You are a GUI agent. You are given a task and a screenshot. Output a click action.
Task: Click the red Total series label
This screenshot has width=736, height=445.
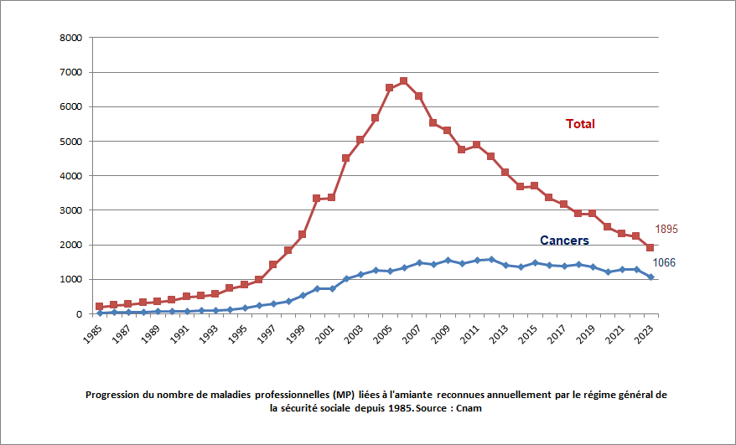pos(580,124)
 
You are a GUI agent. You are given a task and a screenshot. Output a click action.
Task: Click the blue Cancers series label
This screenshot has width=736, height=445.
pos(563,241)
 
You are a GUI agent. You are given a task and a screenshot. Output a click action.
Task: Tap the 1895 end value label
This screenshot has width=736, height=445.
pos(666,229)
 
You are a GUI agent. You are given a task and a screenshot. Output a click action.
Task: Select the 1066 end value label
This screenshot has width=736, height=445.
pos(664,263)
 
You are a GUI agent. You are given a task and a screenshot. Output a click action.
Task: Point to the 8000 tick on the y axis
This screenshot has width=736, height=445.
pos(70,39)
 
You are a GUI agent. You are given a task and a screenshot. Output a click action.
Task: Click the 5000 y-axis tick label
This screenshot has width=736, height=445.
pos(70,142)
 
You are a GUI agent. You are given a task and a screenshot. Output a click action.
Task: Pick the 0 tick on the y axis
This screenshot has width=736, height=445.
pos(78,314)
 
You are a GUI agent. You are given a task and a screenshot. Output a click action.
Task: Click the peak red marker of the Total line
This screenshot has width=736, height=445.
pos(403,81)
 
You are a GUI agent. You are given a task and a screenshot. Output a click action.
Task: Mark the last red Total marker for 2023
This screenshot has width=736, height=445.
pos(650,248)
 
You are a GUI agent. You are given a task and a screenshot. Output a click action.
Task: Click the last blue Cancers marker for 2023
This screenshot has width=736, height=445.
pos(650,277)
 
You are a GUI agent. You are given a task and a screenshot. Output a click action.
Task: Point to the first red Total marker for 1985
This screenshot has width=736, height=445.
pos(99,307)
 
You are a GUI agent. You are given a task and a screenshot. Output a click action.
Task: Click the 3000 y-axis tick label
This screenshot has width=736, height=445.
pos(70,210)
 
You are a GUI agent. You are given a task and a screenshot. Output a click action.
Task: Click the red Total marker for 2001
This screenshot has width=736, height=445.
pos(331,197)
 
